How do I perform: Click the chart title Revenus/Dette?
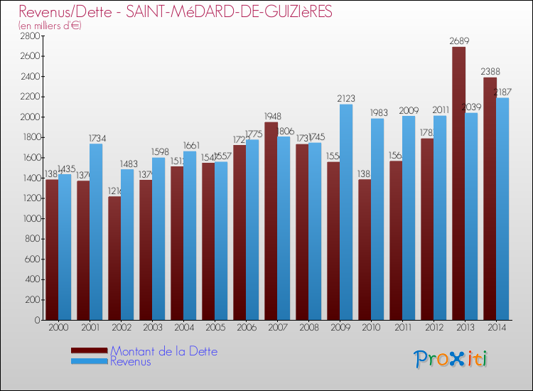pos(175,12)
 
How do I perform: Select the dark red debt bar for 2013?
pos(458,185)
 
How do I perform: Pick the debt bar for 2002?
pos(114,259)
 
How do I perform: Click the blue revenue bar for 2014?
pos(502,210)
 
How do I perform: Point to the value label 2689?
pos(459,41)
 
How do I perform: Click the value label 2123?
pos(346,99)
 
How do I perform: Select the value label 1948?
pos(271,117)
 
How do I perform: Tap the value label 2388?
pos(490,72)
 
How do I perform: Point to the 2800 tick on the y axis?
pos(29,36)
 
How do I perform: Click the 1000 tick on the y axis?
pos(29,218)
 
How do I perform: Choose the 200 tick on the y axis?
pos(31,299)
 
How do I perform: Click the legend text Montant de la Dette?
pos(163,351)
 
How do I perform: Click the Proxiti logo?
pos(451,359)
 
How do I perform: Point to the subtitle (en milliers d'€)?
pos(50,26)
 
